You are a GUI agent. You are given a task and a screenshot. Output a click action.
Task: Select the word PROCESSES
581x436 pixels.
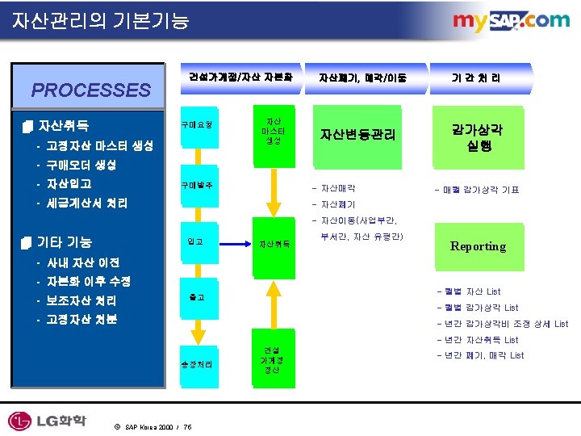pos(90,90)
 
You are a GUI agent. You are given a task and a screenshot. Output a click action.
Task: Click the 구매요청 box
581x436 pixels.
pos(198,126)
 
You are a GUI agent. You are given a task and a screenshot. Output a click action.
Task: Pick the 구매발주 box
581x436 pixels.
pos(198,186)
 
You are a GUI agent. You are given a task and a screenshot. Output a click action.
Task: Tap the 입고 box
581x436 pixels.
pos(195,241)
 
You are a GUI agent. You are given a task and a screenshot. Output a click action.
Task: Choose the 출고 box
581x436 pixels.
pos(195,297)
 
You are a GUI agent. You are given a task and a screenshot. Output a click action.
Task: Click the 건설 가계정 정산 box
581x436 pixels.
pos(272,359)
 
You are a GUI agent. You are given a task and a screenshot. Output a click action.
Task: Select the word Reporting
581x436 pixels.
pos(478,246)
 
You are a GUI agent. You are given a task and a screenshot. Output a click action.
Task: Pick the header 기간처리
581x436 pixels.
pos(476,78)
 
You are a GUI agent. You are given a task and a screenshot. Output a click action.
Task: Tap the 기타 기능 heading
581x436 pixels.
pos(65,242)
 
